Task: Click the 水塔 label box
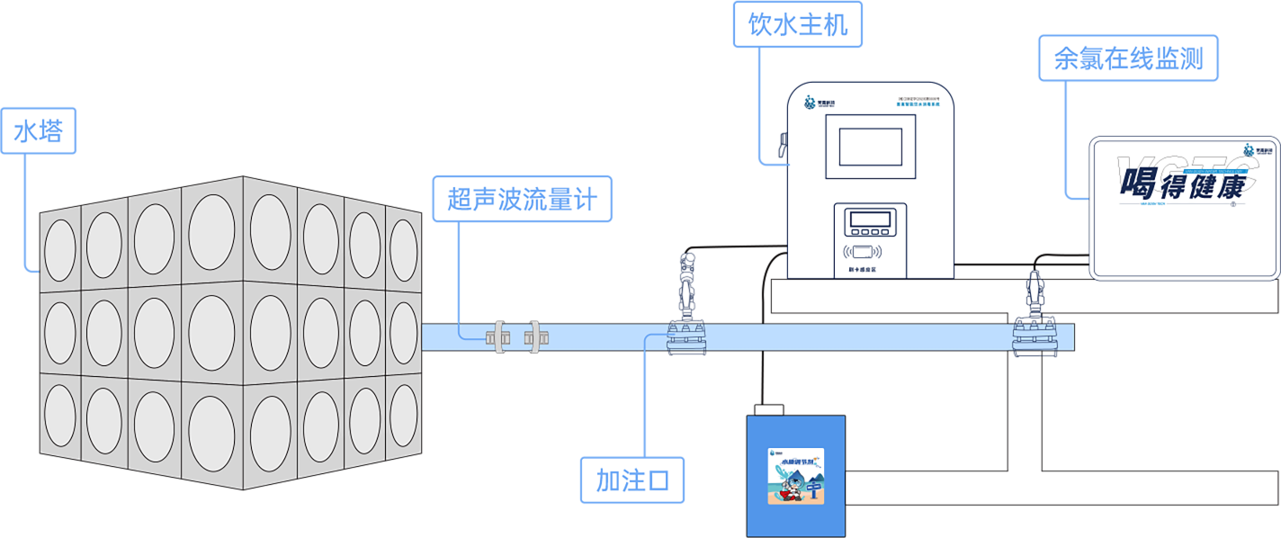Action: tap(38, 132)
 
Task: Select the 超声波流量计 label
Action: tap(521, 199)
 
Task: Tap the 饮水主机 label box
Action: tap(797, 25)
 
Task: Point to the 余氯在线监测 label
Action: tap(1128, 58)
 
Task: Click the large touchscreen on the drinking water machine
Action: tap(870, 147)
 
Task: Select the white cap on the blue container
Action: tap(769, 410)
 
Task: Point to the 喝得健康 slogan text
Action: tap(1181, 185)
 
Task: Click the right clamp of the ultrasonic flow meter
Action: tap(537, 337)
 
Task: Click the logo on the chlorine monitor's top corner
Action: tap(1254, 150)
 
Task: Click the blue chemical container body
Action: tap(797, 504)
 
